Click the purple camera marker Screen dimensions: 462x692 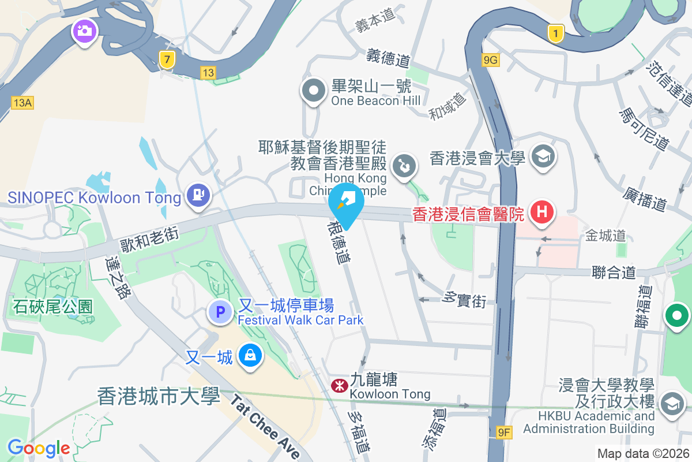(x=84, y=32)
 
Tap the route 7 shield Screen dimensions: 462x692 (x=167, y=59)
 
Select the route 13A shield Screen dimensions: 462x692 (x=22, y=103)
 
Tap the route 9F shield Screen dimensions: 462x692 (x=504, y=432)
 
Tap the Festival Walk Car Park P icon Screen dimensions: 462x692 (x=220, y=313)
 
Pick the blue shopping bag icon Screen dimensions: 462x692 (x=251, y=355)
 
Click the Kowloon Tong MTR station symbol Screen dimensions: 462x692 (x=339, y=384)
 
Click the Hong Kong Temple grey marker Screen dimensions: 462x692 (x=405, y=166)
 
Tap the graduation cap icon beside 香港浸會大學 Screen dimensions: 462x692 (x=542, y=156)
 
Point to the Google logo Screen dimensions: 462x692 (x=38, y=448)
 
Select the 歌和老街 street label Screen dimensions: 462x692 (x=150, y=240)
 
